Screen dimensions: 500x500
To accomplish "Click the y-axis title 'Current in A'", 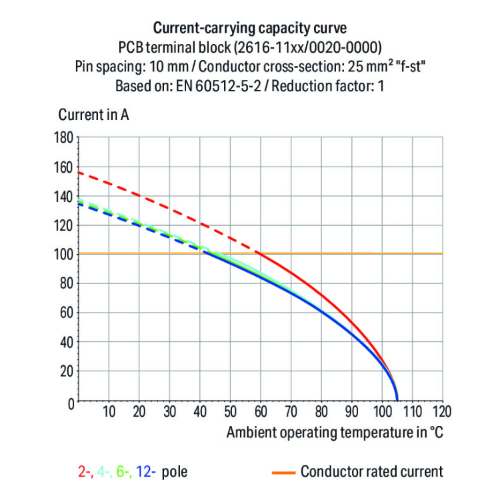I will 93,114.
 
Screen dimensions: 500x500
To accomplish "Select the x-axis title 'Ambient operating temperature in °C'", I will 334,432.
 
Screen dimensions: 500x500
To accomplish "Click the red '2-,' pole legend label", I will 85,472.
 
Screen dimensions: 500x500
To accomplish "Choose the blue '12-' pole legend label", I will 146,472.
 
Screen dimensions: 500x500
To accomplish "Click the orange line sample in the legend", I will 282,472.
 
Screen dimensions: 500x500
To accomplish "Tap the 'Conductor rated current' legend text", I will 371,472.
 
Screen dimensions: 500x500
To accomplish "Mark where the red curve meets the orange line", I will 259,253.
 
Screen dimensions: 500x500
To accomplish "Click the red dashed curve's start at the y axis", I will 79,173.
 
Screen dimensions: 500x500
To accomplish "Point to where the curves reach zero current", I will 397,401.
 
